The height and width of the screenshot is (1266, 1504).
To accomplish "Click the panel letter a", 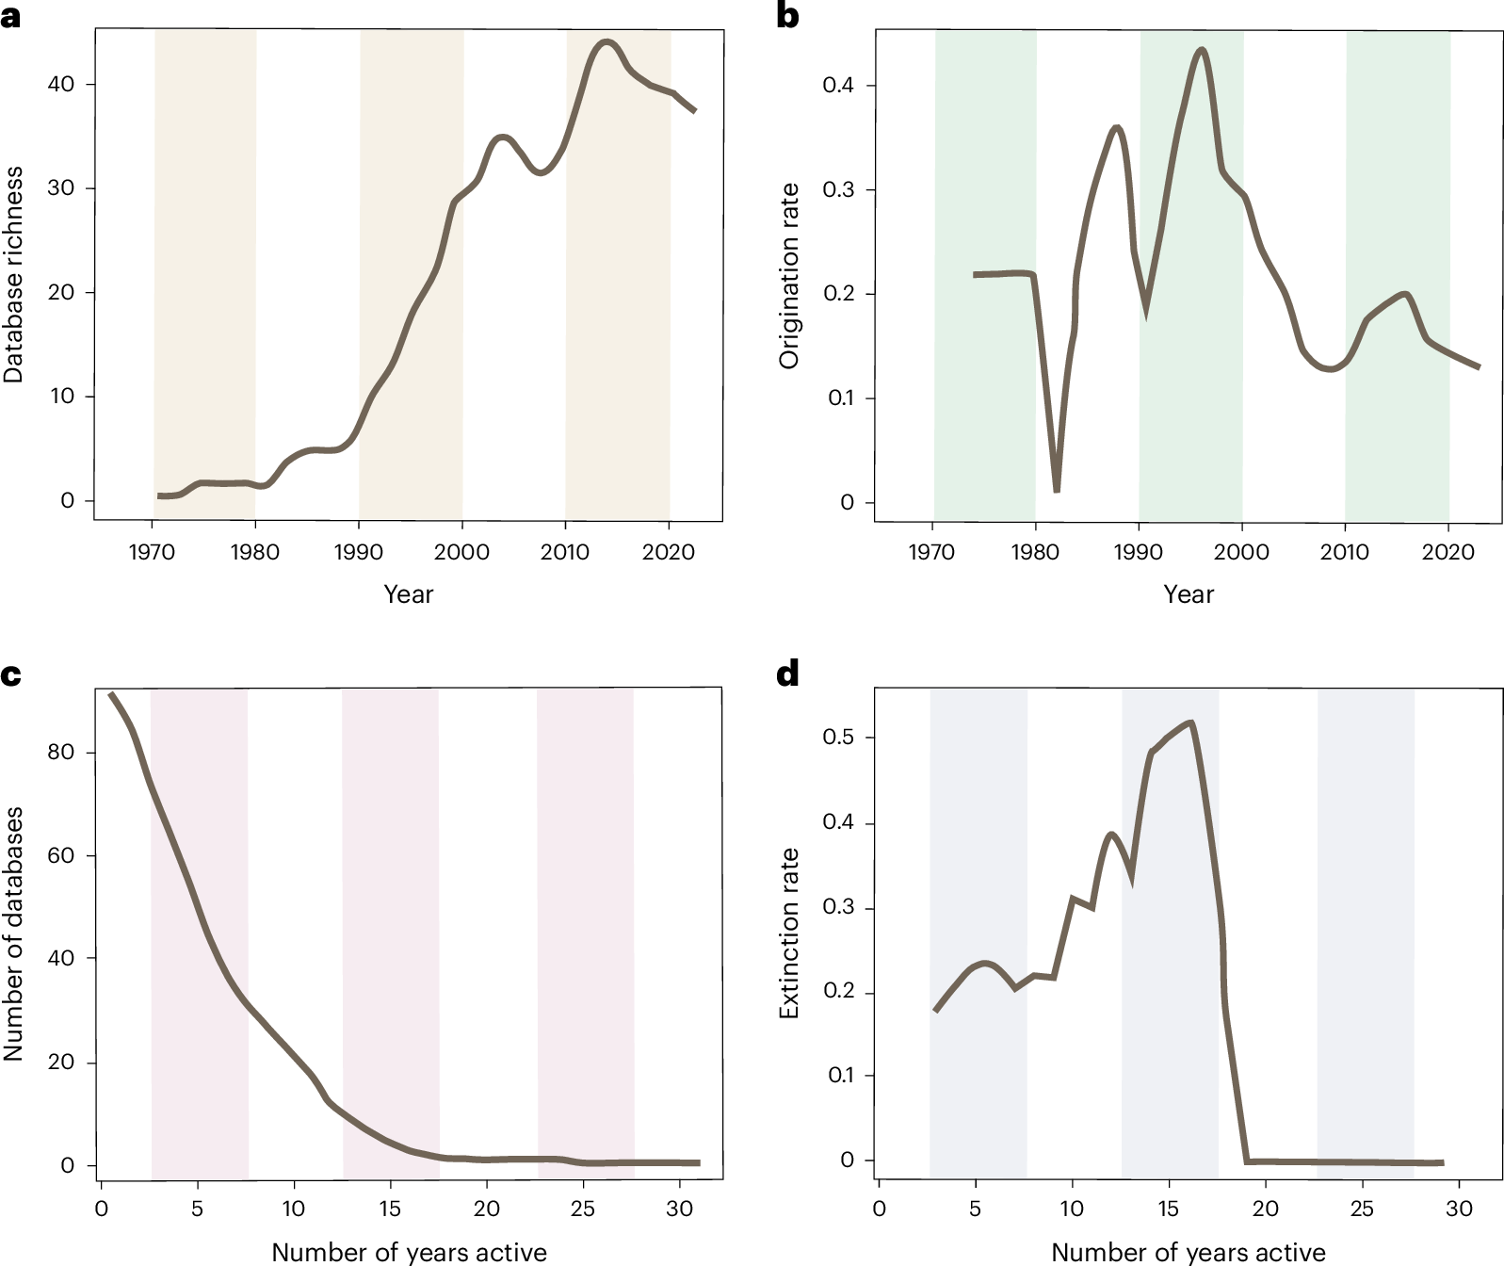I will [x=10, y=17].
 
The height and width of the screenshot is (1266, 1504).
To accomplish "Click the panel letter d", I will [x=787, y=674].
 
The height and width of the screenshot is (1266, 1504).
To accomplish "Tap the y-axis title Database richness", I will [x=13, y=275].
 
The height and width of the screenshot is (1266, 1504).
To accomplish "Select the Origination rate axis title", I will [x=789, y=275].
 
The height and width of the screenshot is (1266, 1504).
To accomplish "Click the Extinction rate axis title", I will [x=789, y=933].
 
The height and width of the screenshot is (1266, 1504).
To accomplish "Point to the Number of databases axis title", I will [x=13, y=933].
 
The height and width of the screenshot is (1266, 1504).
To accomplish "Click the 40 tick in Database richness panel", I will [x=60, y=84].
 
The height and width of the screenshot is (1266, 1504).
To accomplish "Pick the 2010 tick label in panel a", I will [x=564, y=552].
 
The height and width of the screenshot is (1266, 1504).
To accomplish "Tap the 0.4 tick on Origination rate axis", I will [x=837, y=86].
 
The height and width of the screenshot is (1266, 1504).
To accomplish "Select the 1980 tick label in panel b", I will [x=1035, y=552].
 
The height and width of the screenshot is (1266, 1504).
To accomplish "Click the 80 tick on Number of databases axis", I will [x=60, y=753].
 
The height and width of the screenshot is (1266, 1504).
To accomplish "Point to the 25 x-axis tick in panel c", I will [x=583, y=1209].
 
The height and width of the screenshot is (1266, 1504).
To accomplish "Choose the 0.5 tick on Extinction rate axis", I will [x=837, y=737].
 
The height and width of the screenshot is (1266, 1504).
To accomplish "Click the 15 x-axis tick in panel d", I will [x=1168, y=1209].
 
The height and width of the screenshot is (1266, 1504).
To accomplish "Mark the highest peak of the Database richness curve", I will [x=606, y=42].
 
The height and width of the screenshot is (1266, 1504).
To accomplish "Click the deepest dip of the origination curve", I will [x=1057, y=489].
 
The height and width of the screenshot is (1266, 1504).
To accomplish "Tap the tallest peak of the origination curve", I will [x=1201, y=50].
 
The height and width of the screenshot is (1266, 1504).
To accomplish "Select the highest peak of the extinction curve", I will [x=1191, y=723].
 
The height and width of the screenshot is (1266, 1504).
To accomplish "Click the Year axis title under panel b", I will [x=1189, y=594].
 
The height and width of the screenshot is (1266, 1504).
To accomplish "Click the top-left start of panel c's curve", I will [x=110, y=694].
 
